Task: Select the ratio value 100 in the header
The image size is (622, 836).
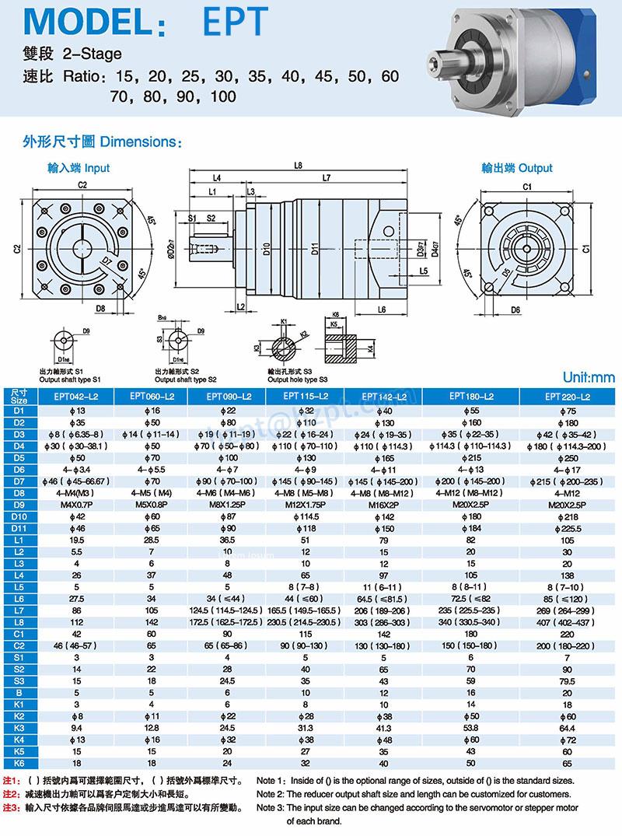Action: point(222,97)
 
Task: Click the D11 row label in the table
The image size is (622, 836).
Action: point(19,528)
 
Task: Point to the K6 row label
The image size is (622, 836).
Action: point(19,764)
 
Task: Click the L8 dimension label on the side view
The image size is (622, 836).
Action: point(299,166)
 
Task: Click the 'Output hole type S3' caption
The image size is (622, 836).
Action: point(299,380)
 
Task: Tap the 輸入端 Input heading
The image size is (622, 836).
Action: point(79,168)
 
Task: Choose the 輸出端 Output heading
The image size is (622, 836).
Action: point(517,168)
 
